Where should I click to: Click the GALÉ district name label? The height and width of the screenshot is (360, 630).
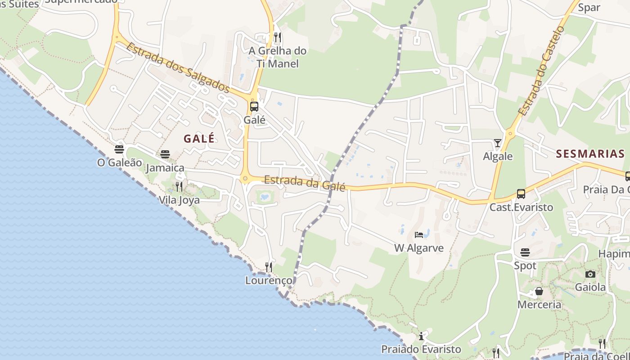pos(199,139)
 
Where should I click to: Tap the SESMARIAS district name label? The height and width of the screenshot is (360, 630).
pos(590,154)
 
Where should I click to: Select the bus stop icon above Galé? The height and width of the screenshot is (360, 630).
pos(254,107)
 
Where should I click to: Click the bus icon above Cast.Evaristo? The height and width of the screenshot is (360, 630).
pos(521,194)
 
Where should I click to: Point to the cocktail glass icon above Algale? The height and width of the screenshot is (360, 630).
pos(497,143)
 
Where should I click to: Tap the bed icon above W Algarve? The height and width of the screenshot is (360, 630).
pos(419,235)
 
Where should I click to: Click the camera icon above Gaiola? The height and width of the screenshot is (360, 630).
pos(590,274)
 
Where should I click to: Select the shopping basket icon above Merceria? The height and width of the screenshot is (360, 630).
pos(539,292)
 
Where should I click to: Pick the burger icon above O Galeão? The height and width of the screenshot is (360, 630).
pos(119,149)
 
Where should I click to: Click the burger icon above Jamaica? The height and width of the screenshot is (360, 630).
pos(165,154)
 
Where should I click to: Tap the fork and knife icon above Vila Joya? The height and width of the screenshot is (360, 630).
pos(179,186)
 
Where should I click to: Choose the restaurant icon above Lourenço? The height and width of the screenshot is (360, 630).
pos(268,267)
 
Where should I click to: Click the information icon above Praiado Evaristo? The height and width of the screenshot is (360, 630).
pos(421,336)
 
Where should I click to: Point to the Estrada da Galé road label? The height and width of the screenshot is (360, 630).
pos(304,183)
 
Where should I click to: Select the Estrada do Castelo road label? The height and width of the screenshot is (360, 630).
pos(541,71)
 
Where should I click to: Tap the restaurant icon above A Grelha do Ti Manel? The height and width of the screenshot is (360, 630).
pos(278,37)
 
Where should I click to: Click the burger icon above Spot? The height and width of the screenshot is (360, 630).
pos(525,252)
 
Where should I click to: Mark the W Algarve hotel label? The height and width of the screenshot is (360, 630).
pos(419,248)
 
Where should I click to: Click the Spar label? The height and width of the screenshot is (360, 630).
pos(589,7)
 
